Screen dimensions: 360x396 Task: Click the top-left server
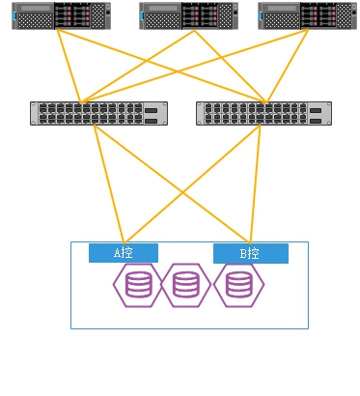click(x=62, y=15)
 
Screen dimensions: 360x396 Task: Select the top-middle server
click(x=189, y=15)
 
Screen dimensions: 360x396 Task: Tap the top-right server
click(x=307, y=15)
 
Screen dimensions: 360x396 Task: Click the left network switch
click(x=98, y=113)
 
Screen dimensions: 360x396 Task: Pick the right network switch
click(x=263, y=113)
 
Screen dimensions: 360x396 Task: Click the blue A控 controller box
click(x=124, y=253)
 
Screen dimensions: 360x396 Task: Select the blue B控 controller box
click(x=251, y=254)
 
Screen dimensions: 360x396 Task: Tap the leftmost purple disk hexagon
click(x=138, y=285)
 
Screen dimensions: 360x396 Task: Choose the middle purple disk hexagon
click(x=185, y=285)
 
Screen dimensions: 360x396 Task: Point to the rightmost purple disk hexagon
click(x=238, y=285)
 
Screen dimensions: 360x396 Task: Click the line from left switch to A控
click(x=109, y=184)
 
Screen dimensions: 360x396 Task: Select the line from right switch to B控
click(x=255, y=184)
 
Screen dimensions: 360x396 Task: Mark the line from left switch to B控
click(x=172, y=184)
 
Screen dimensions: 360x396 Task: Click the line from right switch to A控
click(x=192, y=184)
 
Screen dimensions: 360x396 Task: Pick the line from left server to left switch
click(x=69, y=66)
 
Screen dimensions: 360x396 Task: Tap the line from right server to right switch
click(x=288, y=66)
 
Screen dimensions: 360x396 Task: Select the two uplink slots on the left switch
click(x=152, y=116)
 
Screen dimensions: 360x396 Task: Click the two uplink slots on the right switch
click(x=316, y=116)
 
